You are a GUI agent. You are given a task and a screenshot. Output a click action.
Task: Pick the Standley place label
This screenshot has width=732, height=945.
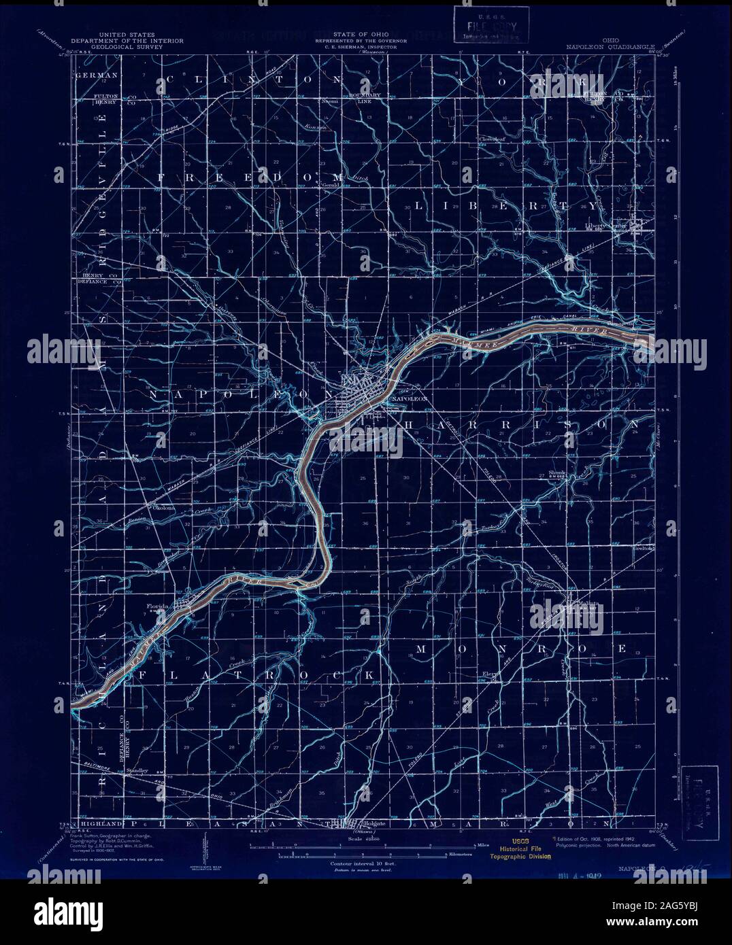(136, 770)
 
